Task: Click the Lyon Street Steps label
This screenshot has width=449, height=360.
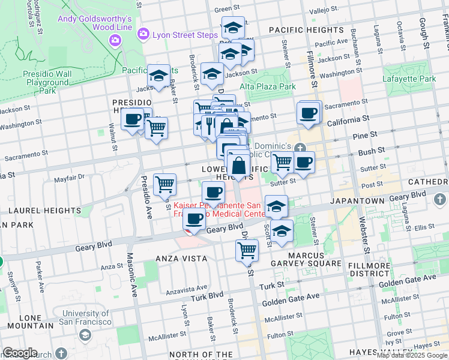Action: point(185,35)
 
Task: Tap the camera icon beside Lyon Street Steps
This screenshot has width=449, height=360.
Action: point(143,35)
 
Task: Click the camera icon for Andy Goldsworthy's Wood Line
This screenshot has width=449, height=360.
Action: point(115,40)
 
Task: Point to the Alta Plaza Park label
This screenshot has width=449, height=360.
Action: point(268,86)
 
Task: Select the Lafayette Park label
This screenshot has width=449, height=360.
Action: point(409,79)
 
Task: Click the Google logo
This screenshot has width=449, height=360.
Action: point(20,353)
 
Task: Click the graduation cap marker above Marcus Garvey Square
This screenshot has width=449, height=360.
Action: point(282,231)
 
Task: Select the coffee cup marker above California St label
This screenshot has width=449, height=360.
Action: point(309,113)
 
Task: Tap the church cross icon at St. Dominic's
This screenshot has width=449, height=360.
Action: point(299,148)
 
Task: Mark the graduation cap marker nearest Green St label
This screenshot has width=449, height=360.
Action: point(233,28)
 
